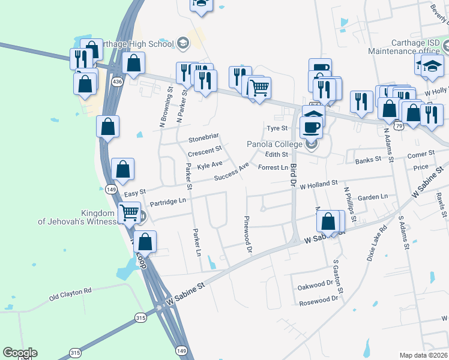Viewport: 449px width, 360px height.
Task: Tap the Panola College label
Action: pyautogui.click(x=276, y=145)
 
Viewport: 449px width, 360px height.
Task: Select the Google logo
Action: pyautogui.click(x=20, y=353)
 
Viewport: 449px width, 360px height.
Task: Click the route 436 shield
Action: pyautogui.click(x=118, y=81)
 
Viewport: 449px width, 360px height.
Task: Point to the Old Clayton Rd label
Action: pyautogui.click(x=70, y=291)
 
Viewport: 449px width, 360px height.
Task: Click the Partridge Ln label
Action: pyautogui.click(x=168, y=202)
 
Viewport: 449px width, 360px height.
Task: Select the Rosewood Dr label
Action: pyautogui.click(x=319, y=302)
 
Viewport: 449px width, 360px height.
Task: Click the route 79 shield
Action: pyautogui.click(x=399, y=126)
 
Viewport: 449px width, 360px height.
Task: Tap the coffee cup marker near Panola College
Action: pyautogui.click(x=311, y=127)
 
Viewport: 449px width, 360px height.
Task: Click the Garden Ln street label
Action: pyautogui.click(x=372, y=197)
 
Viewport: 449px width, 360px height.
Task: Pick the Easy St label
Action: pyautogui.click(x=134, y=193)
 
